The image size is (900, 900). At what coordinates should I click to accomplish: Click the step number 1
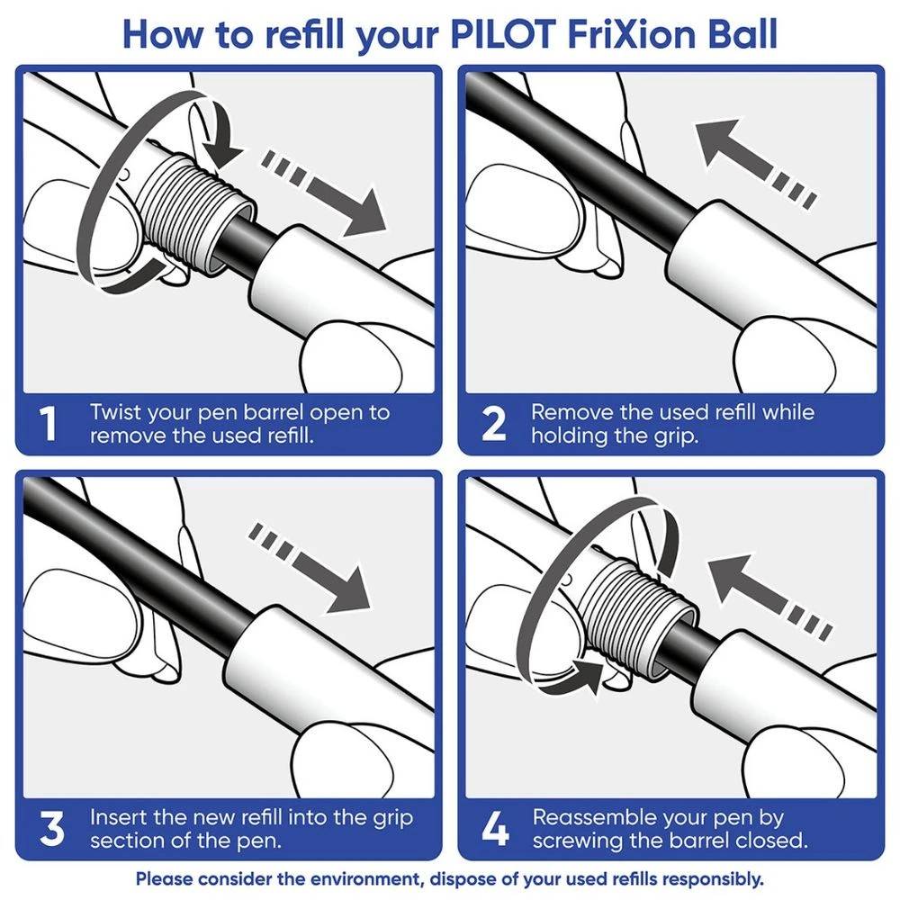pyautogui.click(x=49, y=424)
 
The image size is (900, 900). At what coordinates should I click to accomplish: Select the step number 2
pyautogui.click(x=492, y=424)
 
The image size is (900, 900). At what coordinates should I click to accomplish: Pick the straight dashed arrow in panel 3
pyautogui.click(x=311, y=568)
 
